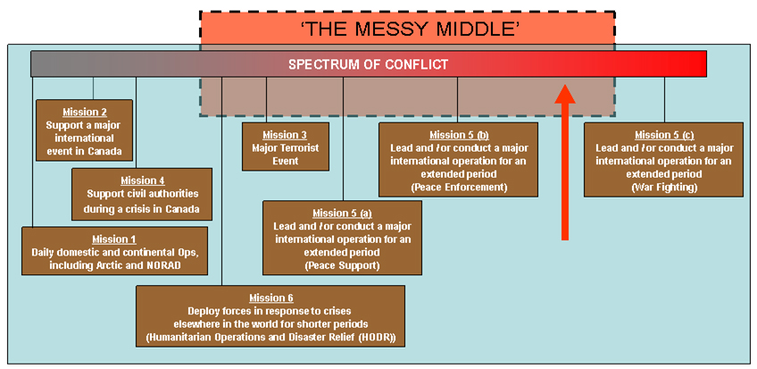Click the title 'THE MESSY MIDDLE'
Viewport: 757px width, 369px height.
[407, 29]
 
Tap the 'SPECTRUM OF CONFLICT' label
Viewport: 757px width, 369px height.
[368, 64]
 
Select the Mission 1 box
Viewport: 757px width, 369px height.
[114, 251]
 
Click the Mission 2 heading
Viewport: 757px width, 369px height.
[85, 113]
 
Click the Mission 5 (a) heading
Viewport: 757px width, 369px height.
[343, 214]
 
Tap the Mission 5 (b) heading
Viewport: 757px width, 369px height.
[458, 135]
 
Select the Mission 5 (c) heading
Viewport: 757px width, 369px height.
[663, 135]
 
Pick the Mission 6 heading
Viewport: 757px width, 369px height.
[270, 298]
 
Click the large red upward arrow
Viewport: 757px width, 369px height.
[564, 161]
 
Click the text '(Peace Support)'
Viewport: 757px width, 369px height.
[343, 265]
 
